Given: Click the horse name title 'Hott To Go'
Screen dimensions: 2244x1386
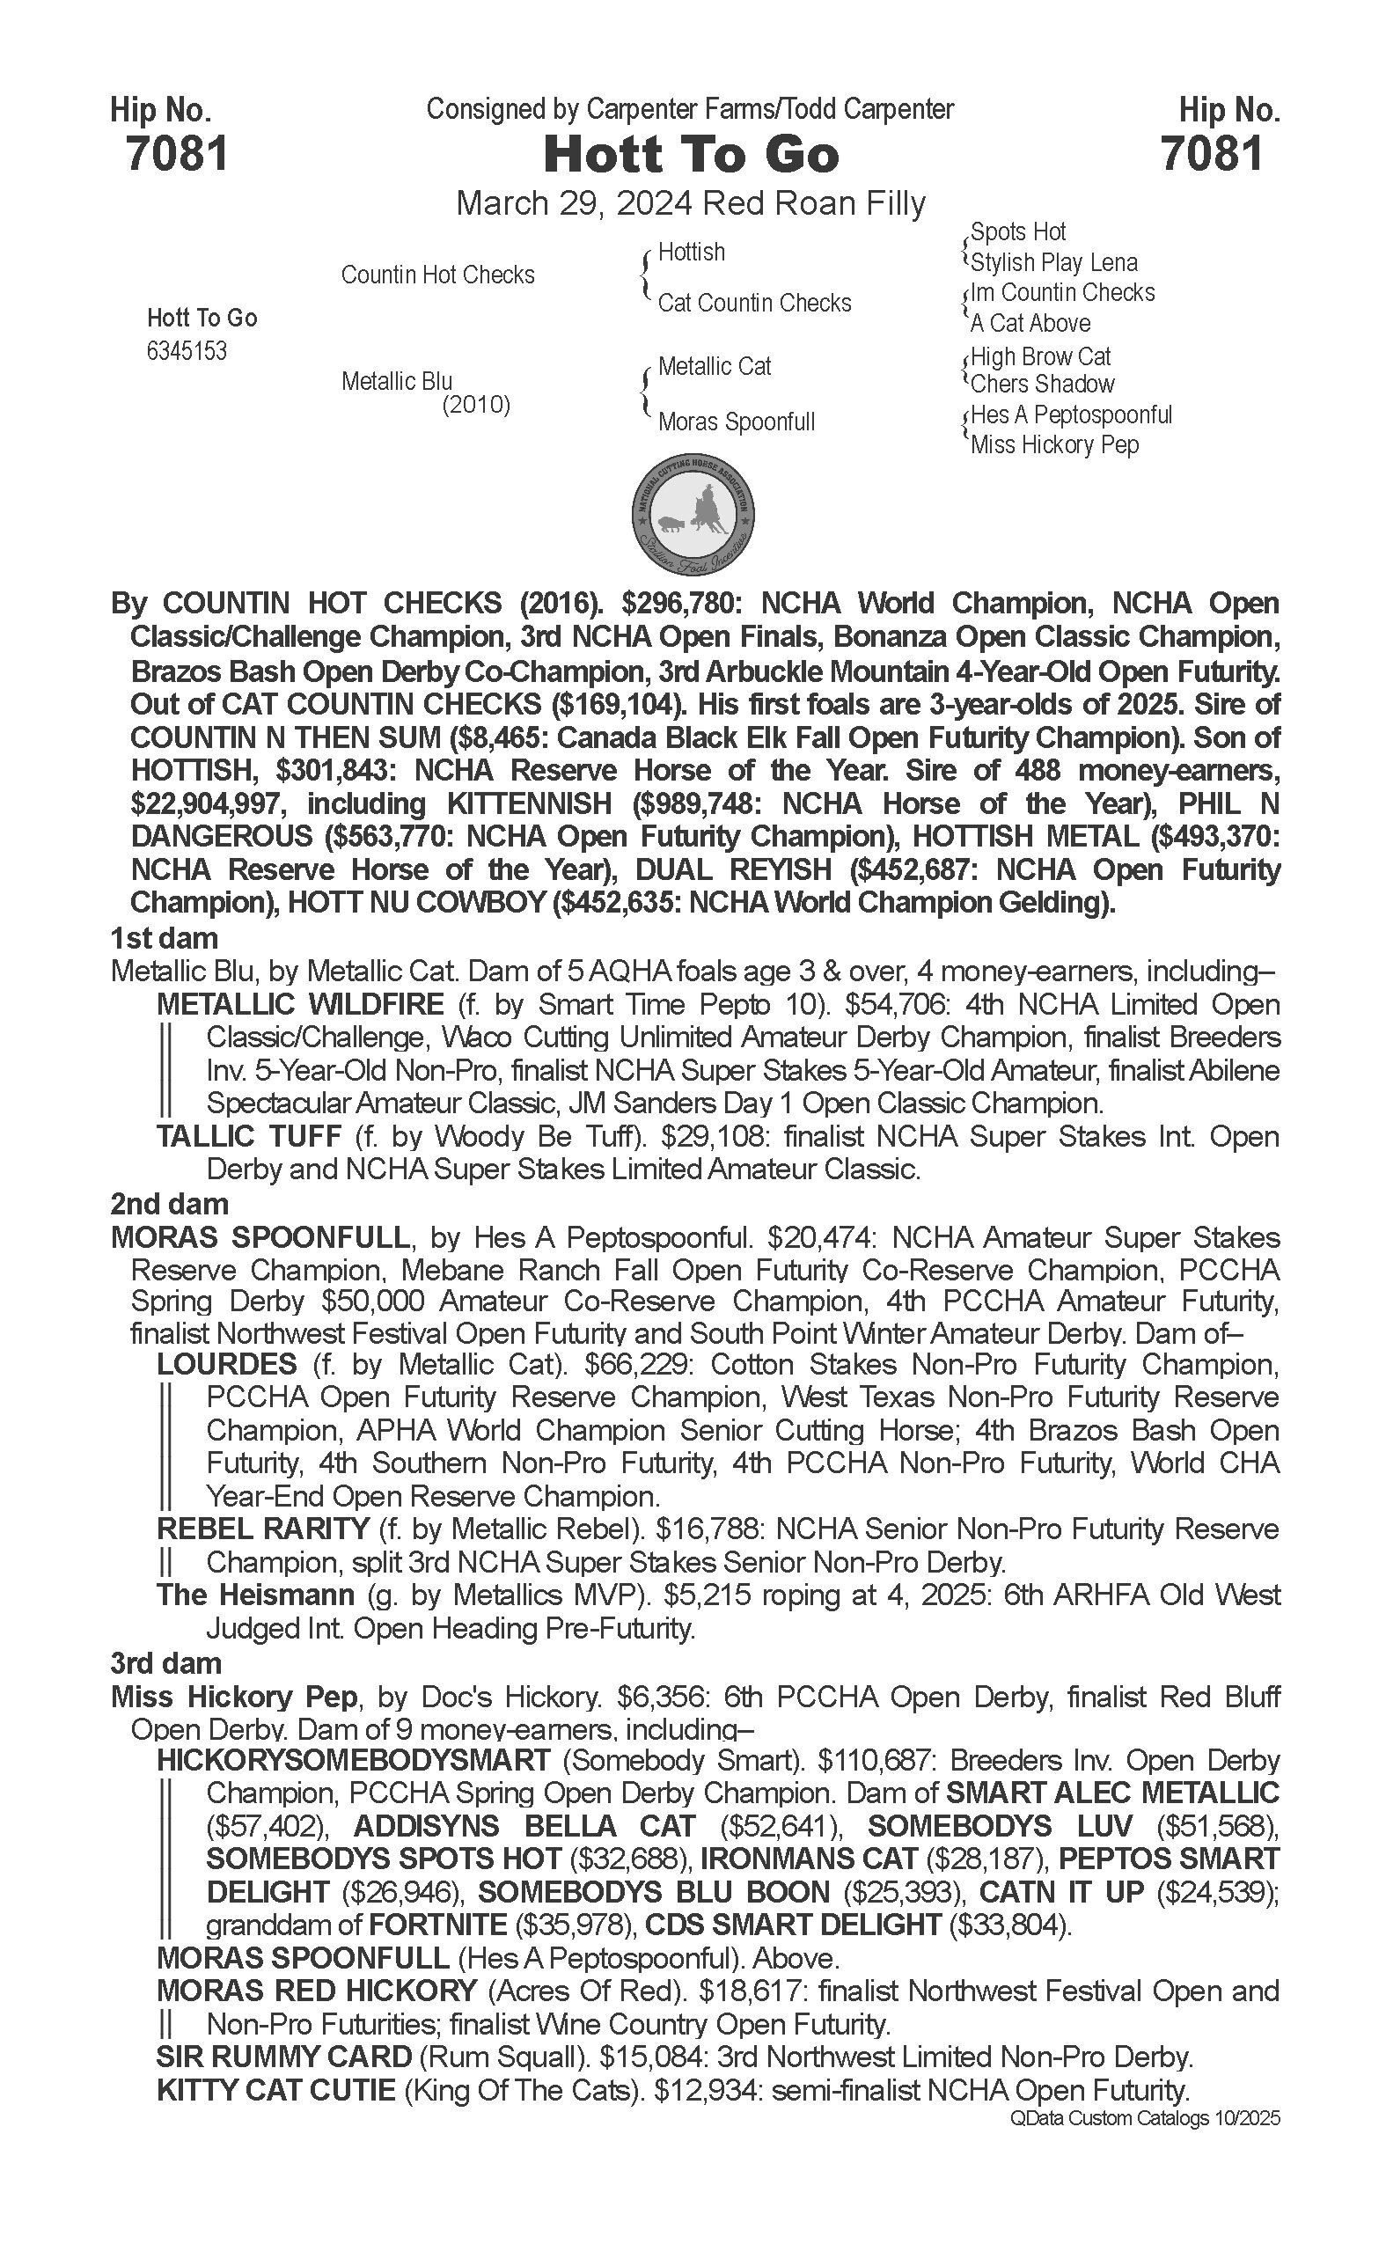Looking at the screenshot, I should (691, 154).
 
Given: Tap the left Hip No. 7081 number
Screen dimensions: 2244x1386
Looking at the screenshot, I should (177, 153).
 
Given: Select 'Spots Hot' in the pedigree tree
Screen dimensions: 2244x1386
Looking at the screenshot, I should (1017, 232).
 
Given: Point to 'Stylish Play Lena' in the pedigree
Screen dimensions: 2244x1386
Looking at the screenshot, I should (1053, 262).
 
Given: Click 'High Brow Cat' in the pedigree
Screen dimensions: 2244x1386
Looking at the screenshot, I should (1040, 356).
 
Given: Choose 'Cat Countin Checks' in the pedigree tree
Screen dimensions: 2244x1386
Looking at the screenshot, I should (754, 303).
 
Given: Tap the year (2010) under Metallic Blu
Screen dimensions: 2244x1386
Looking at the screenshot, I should (476, 404).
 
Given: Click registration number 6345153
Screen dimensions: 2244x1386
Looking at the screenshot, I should (187, 351).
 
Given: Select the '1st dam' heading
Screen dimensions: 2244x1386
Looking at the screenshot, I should (164, 938).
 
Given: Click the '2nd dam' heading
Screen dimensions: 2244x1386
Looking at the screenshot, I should (170, 1203).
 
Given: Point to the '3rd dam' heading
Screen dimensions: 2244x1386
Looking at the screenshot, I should (166, 1662).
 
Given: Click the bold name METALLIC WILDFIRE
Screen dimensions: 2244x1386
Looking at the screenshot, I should (300, 1004).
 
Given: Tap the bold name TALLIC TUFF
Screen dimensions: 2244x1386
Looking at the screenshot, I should (248, 1136).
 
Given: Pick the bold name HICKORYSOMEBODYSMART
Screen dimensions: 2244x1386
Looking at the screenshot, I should (354, 1760).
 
